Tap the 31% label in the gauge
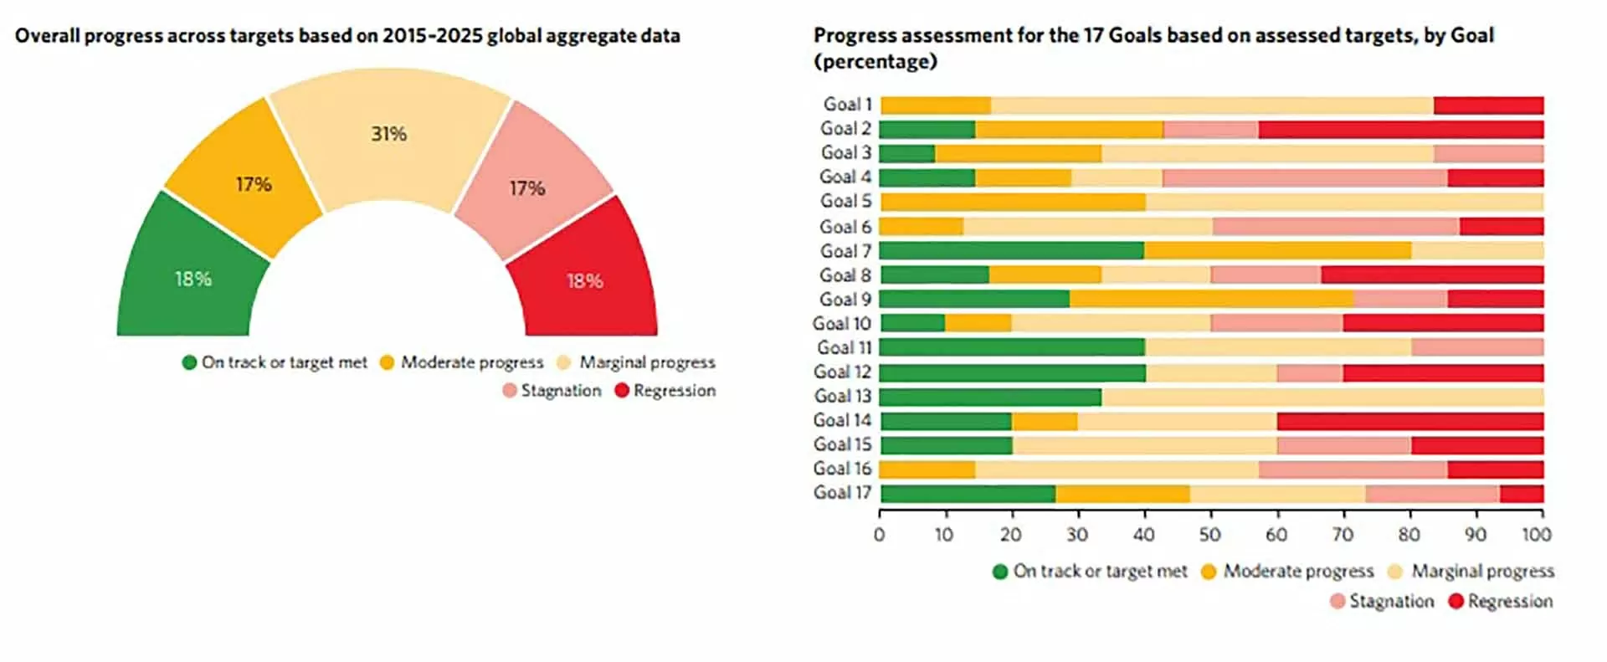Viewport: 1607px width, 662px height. (x=389, y=134)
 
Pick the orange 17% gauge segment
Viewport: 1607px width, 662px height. (x=253, y=184)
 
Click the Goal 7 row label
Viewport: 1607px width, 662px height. (x=845, y=251)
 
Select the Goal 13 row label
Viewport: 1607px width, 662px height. (x=842, y=396)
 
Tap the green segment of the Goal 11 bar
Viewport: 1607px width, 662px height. (x=1012, y=348)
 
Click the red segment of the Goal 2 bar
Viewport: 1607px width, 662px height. (x=1400, y=130)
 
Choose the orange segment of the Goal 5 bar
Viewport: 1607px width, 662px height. (x=1013, y=202)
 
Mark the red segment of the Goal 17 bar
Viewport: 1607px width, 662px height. (x=1522, y=494)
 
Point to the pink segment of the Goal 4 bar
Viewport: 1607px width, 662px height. (x=1304, y=177)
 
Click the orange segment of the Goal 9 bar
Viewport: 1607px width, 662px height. (x=1211, y=300)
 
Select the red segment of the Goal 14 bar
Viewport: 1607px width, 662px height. (x=1409, y=421)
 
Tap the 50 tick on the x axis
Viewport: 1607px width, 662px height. (x=1209, y=535)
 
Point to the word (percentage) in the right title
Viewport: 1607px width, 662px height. (x=875, y=62)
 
